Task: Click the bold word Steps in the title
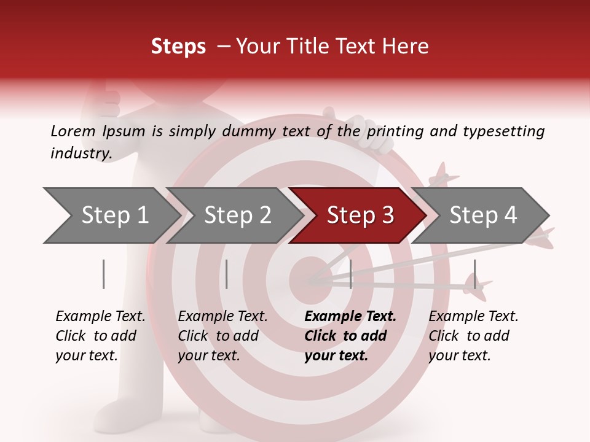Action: [x=178, y=47]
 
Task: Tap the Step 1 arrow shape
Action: [x=111, y=215]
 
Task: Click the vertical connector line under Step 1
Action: [x=103, y=274]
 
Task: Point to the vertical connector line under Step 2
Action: [x=226, y=274]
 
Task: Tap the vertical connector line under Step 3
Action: [x=350, y=274]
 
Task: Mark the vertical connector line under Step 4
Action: [x=474, y=274]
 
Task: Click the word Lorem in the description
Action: [x=73, y=131]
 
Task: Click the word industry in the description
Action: [x=81, y=153]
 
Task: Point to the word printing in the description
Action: [x=393, y=131]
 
